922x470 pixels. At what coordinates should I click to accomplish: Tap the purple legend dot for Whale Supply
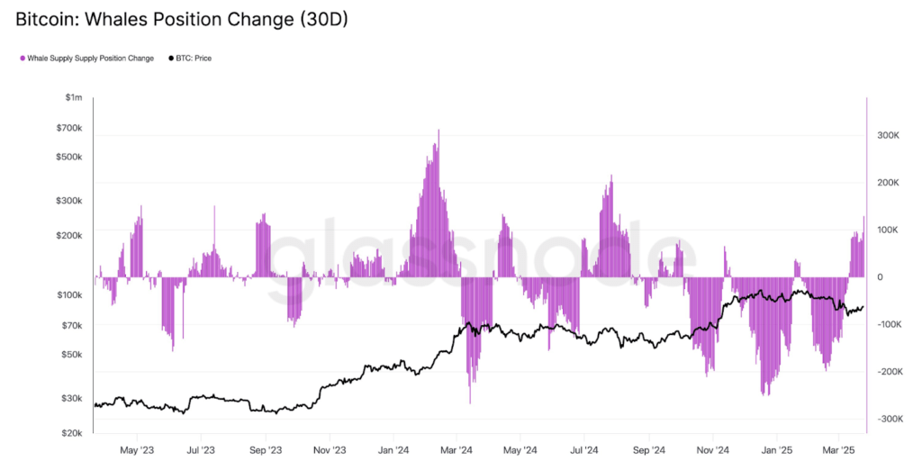click(x=22, y=59)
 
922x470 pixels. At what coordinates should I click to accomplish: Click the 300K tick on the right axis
click(x=889, y=136)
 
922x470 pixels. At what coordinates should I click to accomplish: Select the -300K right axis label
click(x=887, y=419)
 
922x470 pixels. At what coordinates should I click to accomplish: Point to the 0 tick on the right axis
click(x=880, y=277)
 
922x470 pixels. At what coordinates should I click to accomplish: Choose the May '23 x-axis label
click(x=136, y=449)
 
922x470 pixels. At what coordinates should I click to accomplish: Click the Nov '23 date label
click(x=329, y=449)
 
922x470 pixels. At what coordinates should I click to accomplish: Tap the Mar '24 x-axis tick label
click(x=456, y=449)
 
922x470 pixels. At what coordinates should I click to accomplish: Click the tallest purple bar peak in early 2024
click(x=438, y=131)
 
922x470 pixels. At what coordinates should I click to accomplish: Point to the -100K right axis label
click(x=887, y=324)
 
